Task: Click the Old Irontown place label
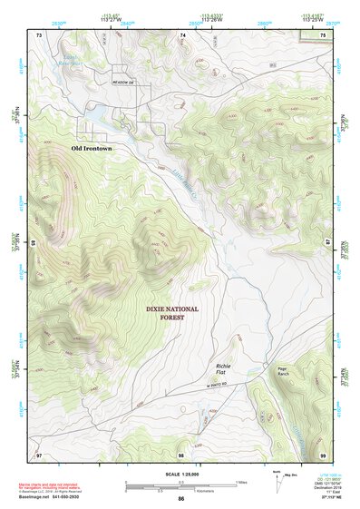coord(95,146)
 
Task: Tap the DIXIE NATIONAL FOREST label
coord(178,313)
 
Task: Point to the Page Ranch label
coord(282,371)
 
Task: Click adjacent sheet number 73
coord(39,34)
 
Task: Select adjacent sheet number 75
coord(323,34)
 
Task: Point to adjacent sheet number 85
coord(34,243)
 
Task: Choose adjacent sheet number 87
coord(327,243)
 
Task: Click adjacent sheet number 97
coord(39,454)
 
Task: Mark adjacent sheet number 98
coord(181,454)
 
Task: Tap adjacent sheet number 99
coord(323,454)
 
